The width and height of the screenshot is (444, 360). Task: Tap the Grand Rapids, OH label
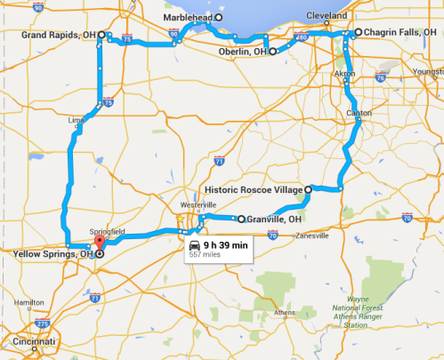tap(57, 35)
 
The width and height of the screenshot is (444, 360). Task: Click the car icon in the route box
tap(193, 243)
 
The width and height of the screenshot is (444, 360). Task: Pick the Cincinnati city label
tap(27, 342)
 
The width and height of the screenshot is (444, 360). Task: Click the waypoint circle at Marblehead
tap(219, 17)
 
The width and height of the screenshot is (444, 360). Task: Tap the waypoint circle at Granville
tap(241, 219)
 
